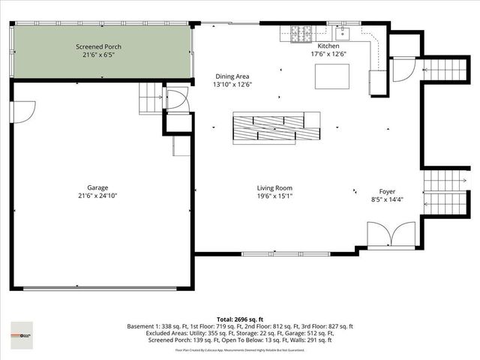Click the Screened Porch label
(98, 46)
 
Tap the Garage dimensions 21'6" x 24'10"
(98, 196)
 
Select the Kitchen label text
(329, 46)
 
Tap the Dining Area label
(232, 76)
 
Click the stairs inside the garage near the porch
(150, 97)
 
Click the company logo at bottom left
(22, 331)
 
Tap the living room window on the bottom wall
(273, 253)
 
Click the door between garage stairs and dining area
(177, 100)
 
